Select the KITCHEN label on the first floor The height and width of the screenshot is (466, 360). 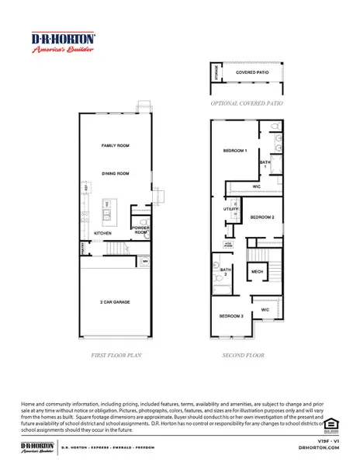(103, 233)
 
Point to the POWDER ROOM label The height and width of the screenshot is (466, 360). (140, 230)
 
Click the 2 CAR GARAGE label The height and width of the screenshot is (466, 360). (114, 301)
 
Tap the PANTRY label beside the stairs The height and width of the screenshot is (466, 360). (81, 249)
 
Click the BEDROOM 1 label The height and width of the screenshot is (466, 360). (235, 150)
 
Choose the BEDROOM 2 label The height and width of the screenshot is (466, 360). (262, 217)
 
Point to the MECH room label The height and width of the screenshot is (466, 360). (257, 272)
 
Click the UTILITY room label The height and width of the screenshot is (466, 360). (231, 210)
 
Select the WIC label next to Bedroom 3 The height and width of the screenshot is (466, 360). (265, 310)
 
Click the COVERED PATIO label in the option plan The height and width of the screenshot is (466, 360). (251, 72)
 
